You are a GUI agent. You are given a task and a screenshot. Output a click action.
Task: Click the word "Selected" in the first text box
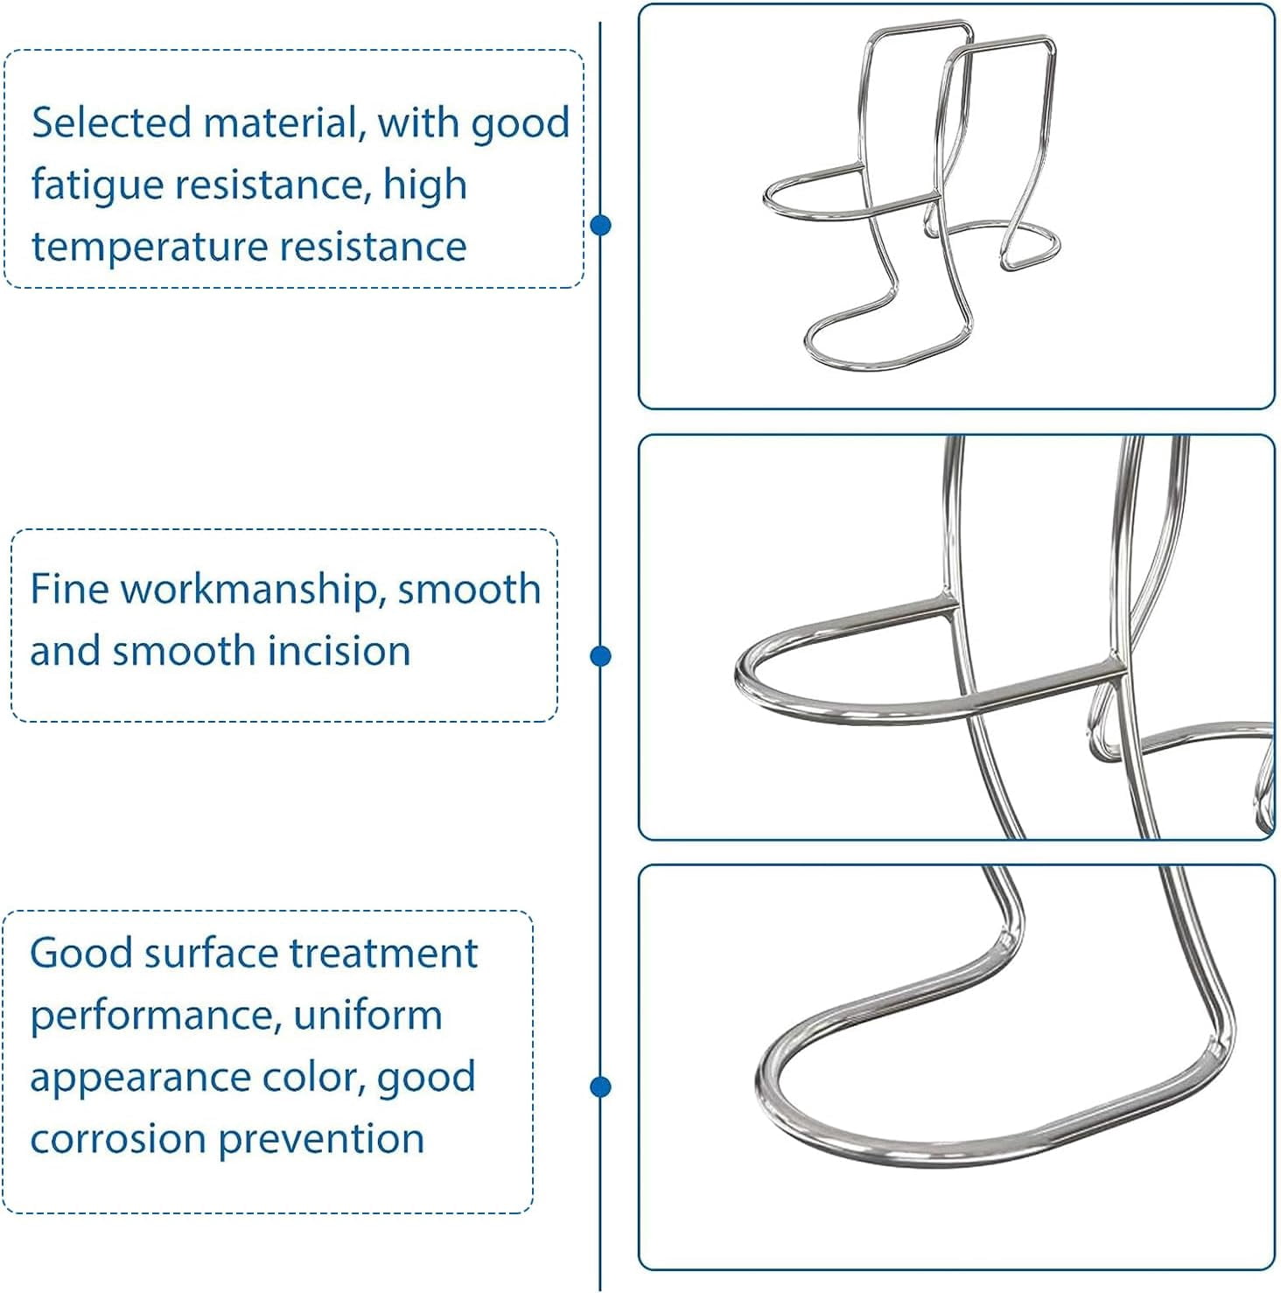[x=111, y=122]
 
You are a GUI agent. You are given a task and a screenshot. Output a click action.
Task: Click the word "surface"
[x=210, y=953]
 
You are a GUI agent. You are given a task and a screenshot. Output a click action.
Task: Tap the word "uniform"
[x=367, y=1015]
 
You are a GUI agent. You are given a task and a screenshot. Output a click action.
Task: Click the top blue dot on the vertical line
[x=600, y=226]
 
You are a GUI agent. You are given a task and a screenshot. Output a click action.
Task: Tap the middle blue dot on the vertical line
[x=600, y=656]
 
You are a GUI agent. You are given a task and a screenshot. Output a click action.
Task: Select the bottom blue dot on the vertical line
[x=600, y=1087]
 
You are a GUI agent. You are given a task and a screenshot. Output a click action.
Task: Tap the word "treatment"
[x=383, y=953]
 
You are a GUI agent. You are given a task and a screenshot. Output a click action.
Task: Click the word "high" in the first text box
[x=424, y=185]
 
